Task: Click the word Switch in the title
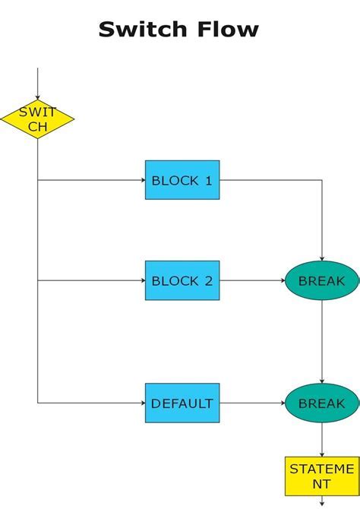tap(141, 30)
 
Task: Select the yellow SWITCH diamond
tap(37, 119)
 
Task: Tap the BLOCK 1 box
tap(182, 180)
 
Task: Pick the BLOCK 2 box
tap(182, 280)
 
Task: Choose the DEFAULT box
tap(182, 403)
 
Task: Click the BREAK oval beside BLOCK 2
tap(321, 280)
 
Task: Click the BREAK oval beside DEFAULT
tap(321, 403)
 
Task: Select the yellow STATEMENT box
tap(321, 476)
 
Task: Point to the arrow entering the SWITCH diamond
tap(37, 84)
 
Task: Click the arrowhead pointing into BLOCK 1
tap(141, 180)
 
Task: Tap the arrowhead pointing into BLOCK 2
tap(141, 280)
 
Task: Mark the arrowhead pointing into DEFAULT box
tap(141, 403)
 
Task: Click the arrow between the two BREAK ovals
tap(321, 342)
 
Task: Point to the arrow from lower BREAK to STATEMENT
tap(321, 439)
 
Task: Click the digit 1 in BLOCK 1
tap(208, 180)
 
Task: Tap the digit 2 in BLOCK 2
tap(208, 280)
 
